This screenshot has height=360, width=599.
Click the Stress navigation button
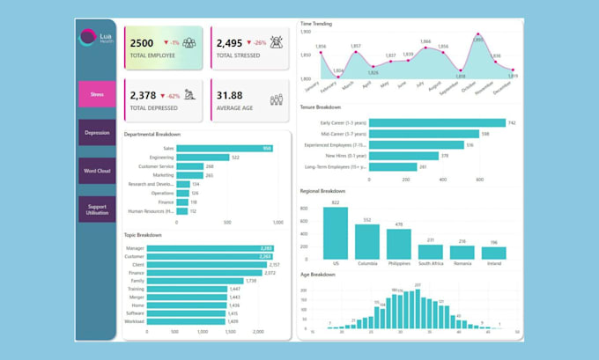(x=97, y=94)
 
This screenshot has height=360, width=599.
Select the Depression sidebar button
(x=97, y=133)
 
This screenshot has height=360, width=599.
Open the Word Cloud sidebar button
(x=97, y=171)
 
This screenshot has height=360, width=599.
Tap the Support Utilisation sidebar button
(x=97, y=208)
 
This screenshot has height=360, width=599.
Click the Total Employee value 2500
(x=142, y=42)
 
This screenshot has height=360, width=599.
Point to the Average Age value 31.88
(x=230, y=95)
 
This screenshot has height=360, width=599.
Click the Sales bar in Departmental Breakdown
(x=225, y=149)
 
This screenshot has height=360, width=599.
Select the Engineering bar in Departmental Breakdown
(x=203, y=158)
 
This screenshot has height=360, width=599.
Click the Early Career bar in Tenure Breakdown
(x=437, y=122)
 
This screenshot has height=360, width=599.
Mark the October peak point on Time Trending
(x=477, y=38)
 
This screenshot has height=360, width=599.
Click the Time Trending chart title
(x=315, y=24)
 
